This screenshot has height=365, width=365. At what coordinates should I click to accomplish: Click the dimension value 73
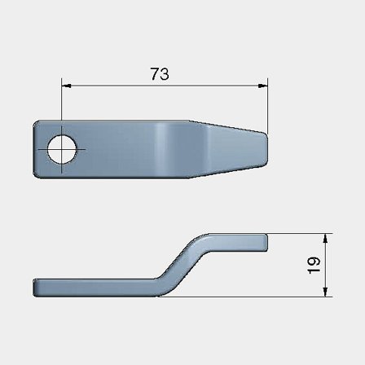[x=160, y=73]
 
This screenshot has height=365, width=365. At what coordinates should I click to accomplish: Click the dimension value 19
[x=314, y=265]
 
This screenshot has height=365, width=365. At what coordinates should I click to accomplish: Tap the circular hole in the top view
[x=62, y=149]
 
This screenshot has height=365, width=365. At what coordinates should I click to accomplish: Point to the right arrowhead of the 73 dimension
[x=262, y=84]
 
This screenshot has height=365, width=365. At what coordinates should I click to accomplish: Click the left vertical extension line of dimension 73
[x=61, y=106]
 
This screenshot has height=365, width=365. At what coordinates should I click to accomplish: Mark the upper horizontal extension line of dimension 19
[x=297, y=234]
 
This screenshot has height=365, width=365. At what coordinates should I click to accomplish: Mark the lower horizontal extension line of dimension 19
[x=244, y=297]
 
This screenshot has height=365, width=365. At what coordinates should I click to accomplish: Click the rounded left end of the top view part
[x=37, y=148]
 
